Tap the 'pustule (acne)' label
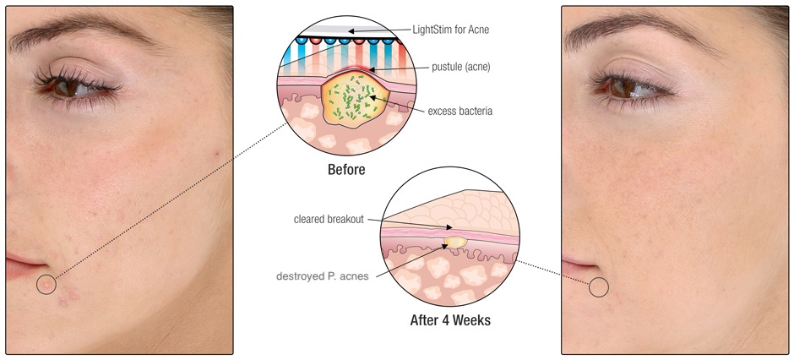pos(461,67)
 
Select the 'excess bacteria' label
pos(460,111)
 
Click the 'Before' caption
pos(346,169)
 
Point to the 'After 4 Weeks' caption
pos(449,320)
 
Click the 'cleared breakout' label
pos(329,220)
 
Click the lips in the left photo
pos(23,267)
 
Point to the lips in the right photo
pos(577,266)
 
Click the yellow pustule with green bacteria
pos(354,100)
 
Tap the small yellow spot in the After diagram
pos(455,242)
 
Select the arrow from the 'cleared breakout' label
pos(409,223)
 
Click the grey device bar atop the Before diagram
pos(347,30)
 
